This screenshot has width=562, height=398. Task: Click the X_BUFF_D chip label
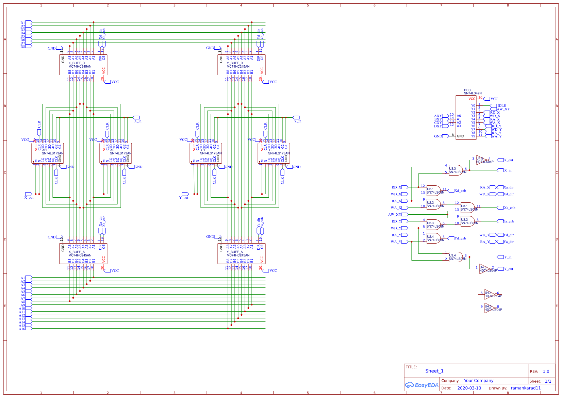77,63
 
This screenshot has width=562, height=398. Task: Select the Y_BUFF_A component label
235,252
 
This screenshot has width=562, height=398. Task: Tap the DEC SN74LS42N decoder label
473,92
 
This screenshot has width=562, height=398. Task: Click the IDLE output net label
501,106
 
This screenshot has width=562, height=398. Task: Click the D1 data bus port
29,23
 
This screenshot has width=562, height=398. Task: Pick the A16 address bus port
29,329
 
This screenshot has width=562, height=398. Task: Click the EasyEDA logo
421,385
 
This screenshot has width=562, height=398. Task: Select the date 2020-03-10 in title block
469,388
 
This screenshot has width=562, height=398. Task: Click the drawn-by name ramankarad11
526,388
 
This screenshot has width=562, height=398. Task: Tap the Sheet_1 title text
434,371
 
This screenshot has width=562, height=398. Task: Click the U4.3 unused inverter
490,308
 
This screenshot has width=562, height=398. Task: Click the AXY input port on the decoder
445,116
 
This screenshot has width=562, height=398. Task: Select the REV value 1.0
546,371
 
